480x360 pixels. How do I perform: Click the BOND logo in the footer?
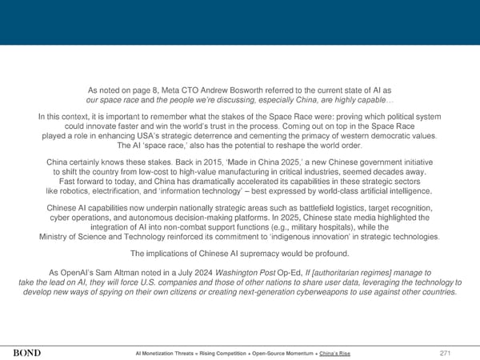(29, 353)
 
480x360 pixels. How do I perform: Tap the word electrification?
(126, 191)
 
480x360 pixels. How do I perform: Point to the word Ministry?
(56, 237)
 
